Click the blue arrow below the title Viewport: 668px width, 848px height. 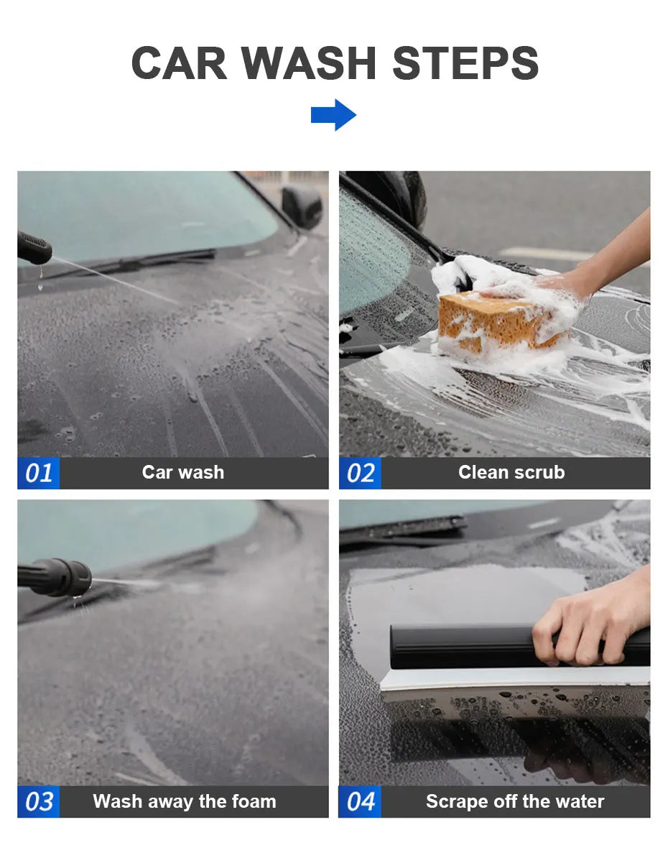333,115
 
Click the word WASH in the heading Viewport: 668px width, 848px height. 308,63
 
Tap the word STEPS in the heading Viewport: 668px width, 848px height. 465,63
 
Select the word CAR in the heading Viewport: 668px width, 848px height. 179,63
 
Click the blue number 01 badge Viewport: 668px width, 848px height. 38,473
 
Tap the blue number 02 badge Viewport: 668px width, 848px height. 360,473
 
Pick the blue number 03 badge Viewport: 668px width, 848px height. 38,801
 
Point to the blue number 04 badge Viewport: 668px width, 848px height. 360,801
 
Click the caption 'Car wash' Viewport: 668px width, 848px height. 182,472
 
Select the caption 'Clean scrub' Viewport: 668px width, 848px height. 511,472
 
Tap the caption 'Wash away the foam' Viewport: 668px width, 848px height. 185,801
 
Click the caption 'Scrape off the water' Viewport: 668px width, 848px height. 514,801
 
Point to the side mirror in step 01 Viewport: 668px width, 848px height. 302,206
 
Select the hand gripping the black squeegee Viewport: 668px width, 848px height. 592,617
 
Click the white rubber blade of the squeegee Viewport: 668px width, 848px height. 515,678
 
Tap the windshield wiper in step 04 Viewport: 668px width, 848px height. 403,527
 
